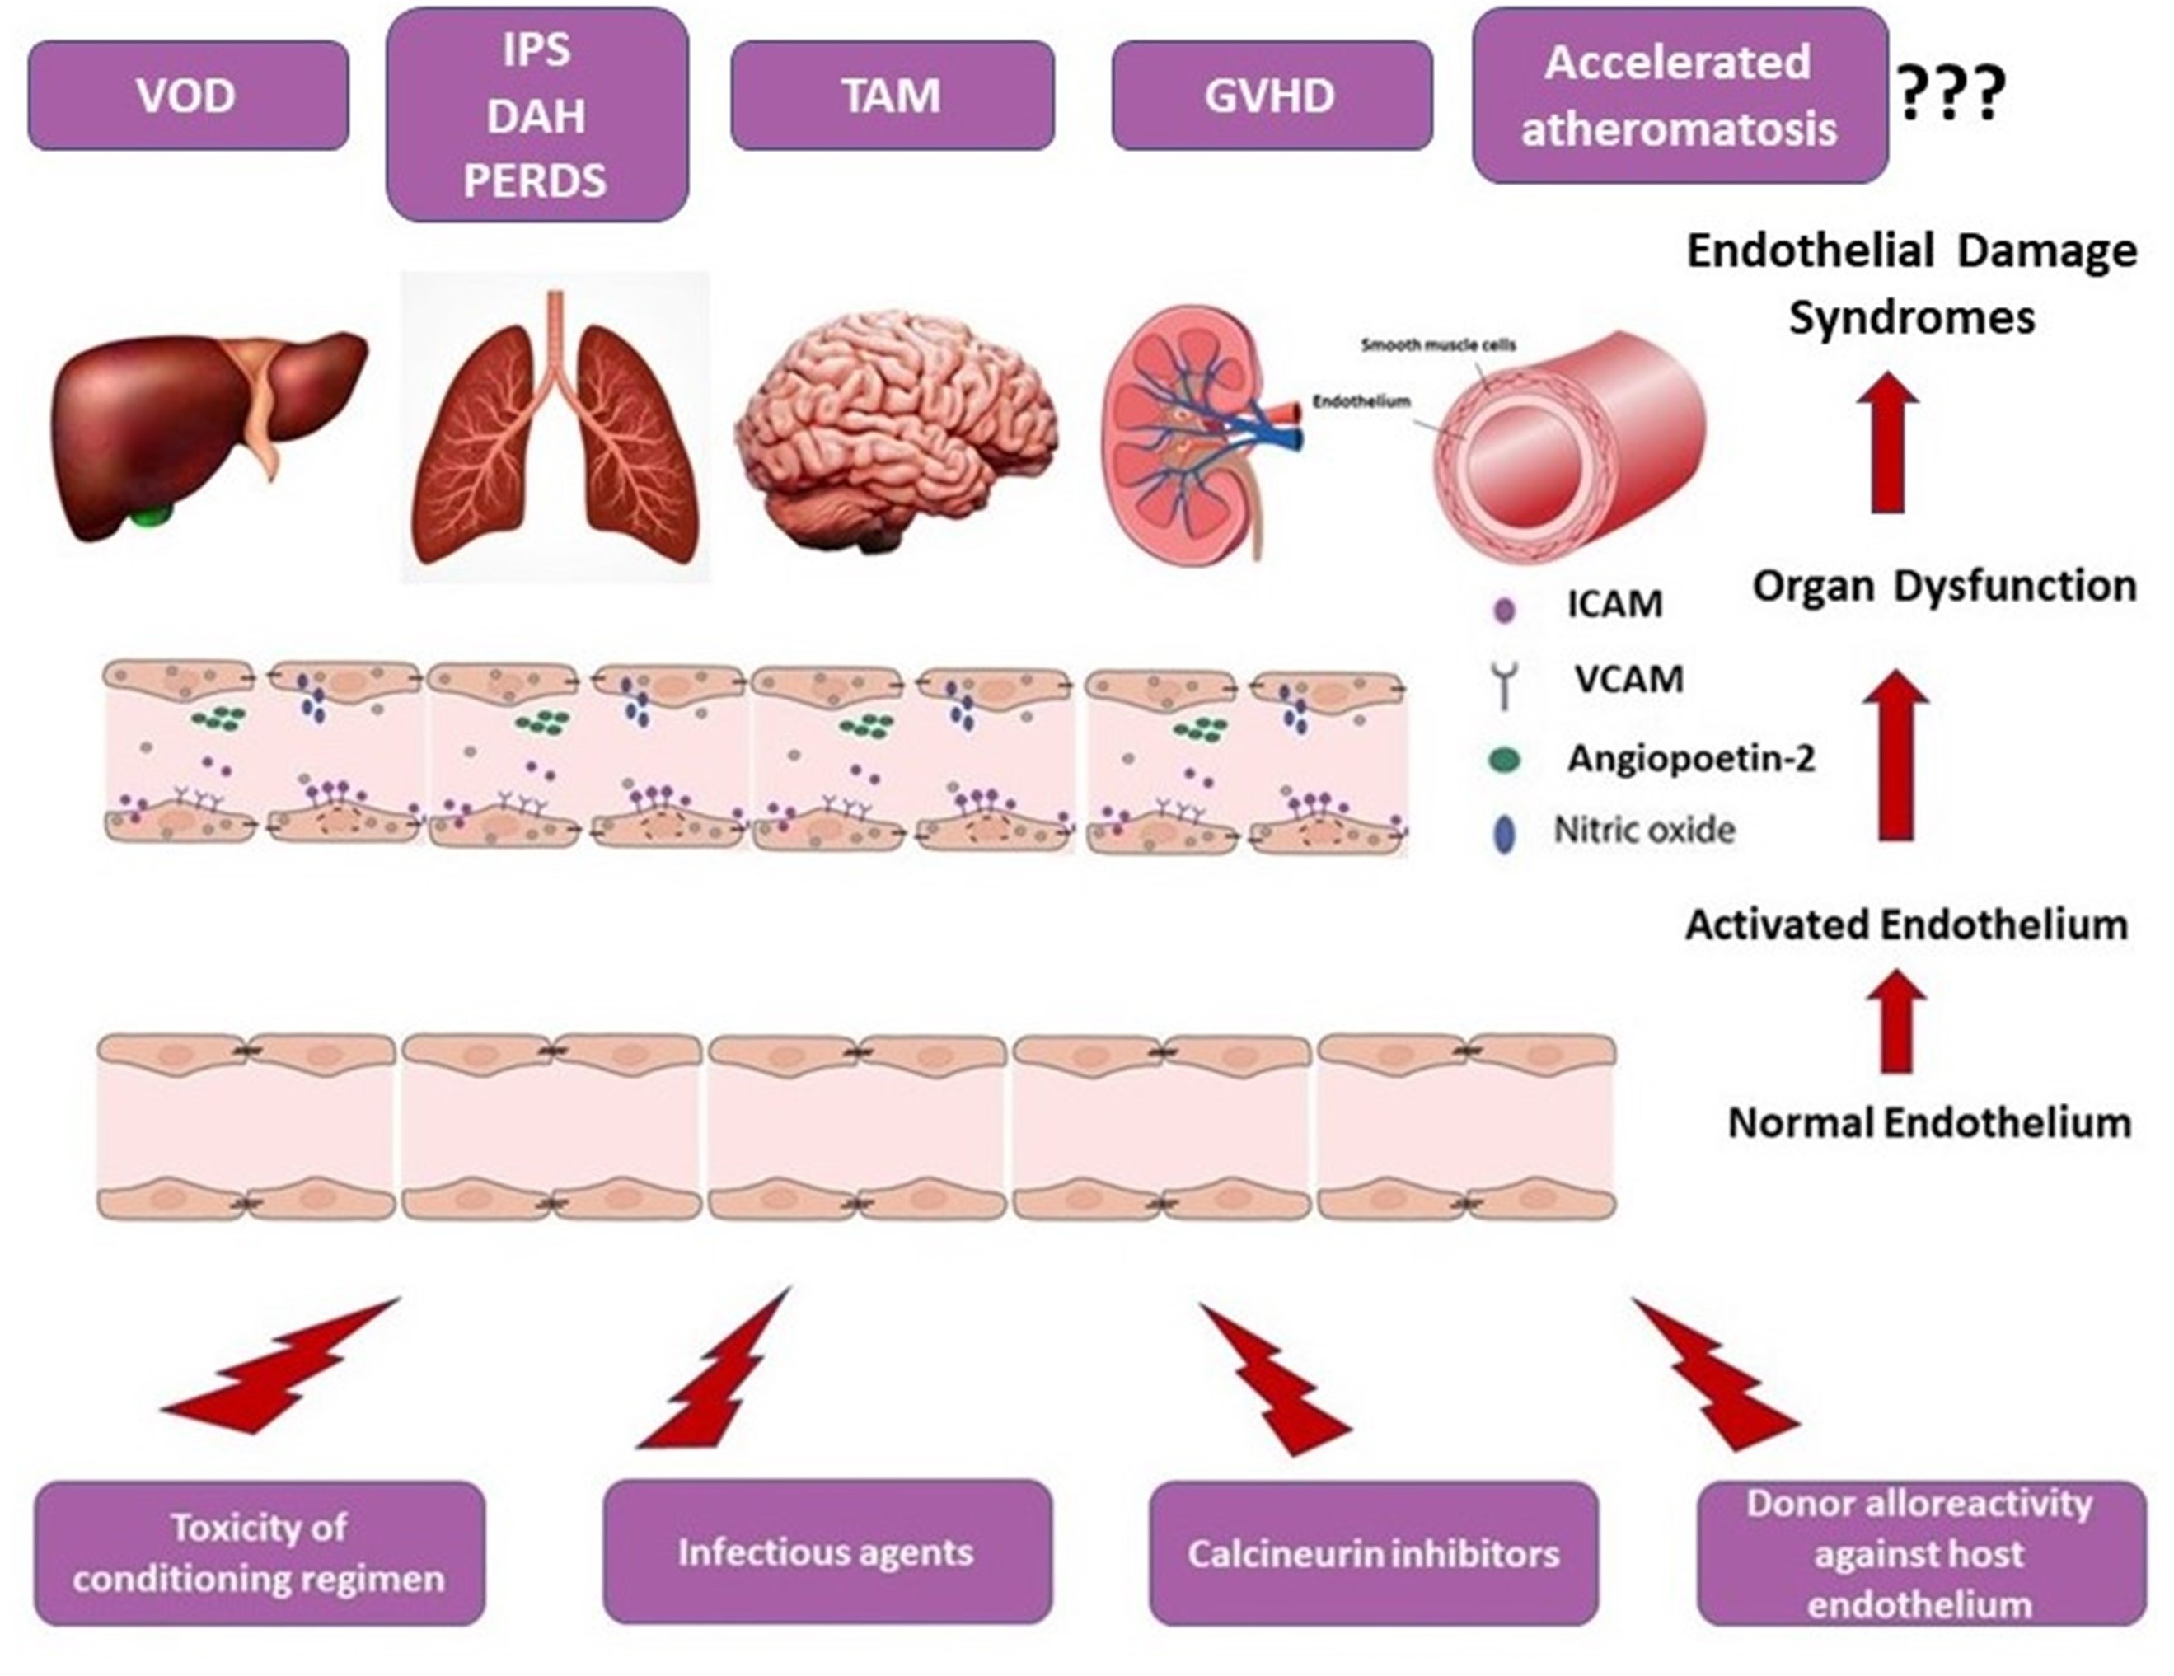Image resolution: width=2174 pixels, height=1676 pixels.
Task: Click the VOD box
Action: [188, 96]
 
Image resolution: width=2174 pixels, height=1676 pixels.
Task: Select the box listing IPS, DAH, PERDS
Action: [536, 115]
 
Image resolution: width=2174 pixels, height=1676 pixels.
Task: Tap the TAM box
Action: [892, 96]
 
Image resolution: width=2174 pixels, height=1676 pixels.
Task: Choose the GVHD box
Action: [1271, 96]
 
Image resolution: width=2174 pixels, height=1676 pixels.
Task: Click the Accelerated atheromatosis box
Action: [1680, 96]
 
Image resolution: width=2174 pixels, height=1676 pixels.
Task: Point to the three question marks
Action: [1950, 96]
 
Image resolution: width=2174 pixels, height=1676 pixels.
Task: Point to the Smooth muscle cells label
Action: [1438, 345]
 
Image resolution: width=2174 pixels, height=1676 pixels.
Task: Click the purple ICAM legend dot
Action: [1504, 609]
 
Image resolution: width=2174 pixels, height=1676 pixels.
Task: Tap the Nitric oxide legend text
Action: [1644, 830]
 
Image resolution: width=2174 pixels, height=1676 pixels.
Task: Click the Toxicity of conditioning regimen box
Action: [259, 1552]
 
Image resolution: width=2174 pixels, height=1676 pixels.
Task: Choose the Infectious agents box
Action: [827, 1552]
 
